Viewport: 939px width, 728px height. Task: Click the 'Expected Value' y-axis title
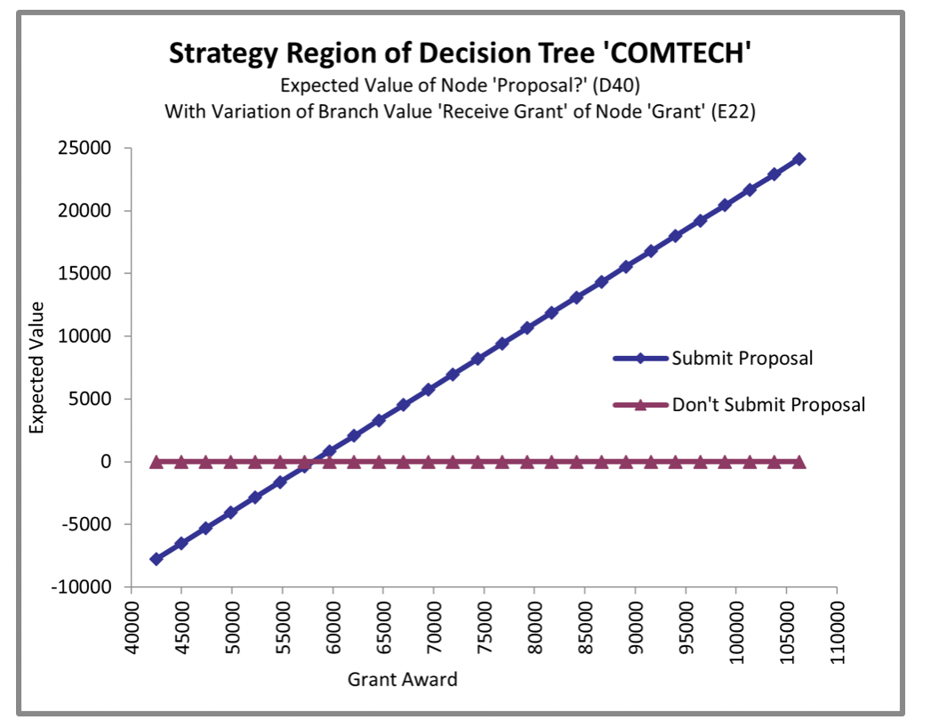(37, 368)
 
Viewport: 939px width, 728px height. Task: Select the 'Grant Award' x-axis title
(402, 680)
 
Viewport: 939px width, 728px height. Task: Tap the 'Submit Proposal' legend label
(742, 359)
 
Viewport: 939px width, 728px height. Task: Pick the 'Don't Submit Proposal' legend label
(768, 405)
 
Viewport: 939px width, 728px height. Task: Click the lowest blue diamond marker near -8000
(156, 559)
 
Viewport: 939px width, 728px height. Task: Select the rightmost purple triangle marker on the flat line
(799, 462)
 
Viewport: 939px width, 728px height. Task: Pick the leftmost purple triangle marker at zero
(156, 462)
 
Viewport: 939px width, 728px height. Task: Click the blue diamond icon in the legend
(641, 359)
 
